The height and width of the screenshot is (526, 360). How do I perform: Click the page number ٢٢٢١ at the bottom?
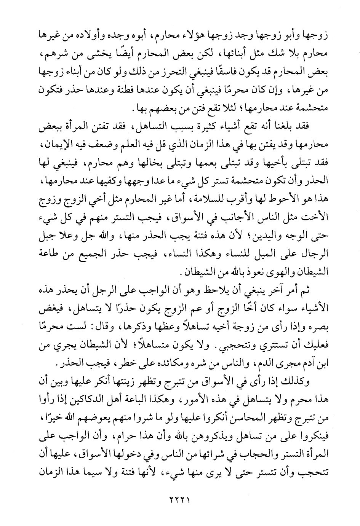tap(179, 499)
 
